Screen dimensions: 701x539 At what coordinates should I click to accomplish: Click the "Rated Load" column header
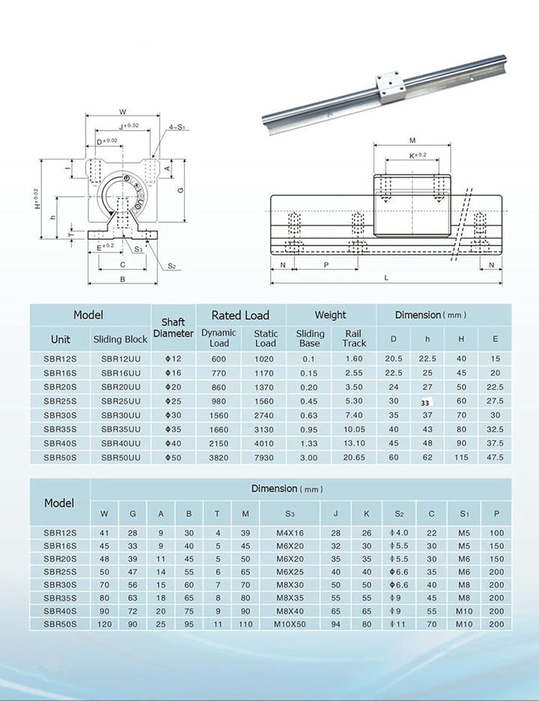[x=240, y=315]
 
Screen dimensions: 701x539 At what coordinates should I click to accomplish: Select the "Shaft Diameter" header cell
[x=173, y=327]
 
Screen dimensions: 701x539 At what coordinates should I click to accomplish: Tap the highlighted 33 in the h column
[x=425, y=402]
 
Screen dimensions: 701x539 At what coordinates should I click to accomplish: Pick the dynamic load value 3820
[x=219, y=457]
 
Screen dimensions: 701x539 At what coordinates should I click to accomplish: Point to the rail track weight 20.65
[x=353, y=457]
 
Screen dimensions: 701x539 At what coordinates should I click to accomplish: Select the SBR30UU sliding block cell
[x=121, y=415]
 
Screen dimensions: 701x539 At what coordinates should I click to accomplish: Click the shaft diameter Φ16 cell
[x=173, y=372]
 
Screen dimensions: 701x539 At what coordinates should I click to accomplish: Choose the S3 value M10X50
[x=290, y=623]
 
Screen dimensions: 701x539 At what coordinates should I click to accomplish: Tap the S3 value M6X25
[x=290, y=571]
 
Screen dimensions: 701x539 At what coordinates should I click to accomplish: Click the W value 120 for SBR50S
[x=104, y=623]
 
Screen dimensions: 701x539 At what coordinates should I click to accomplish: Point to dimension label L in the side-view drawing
[x=386, y=278]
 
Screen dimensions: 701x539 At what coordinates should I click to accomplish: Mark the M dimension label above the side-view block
[x=412, y=141]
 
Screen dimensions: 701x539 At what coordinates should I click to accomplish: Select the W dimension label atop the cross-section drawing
[x=123, y=113]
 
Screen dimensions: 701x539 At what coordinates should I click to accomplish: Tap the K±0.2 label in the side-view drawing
[x=417, y=156]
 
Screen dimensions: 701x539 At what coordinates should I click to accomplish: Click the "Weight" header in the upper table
[x=330, y=315]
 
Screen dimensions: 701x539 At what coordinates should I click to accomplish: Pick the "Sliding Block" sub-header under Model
[x=121, y=339]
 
